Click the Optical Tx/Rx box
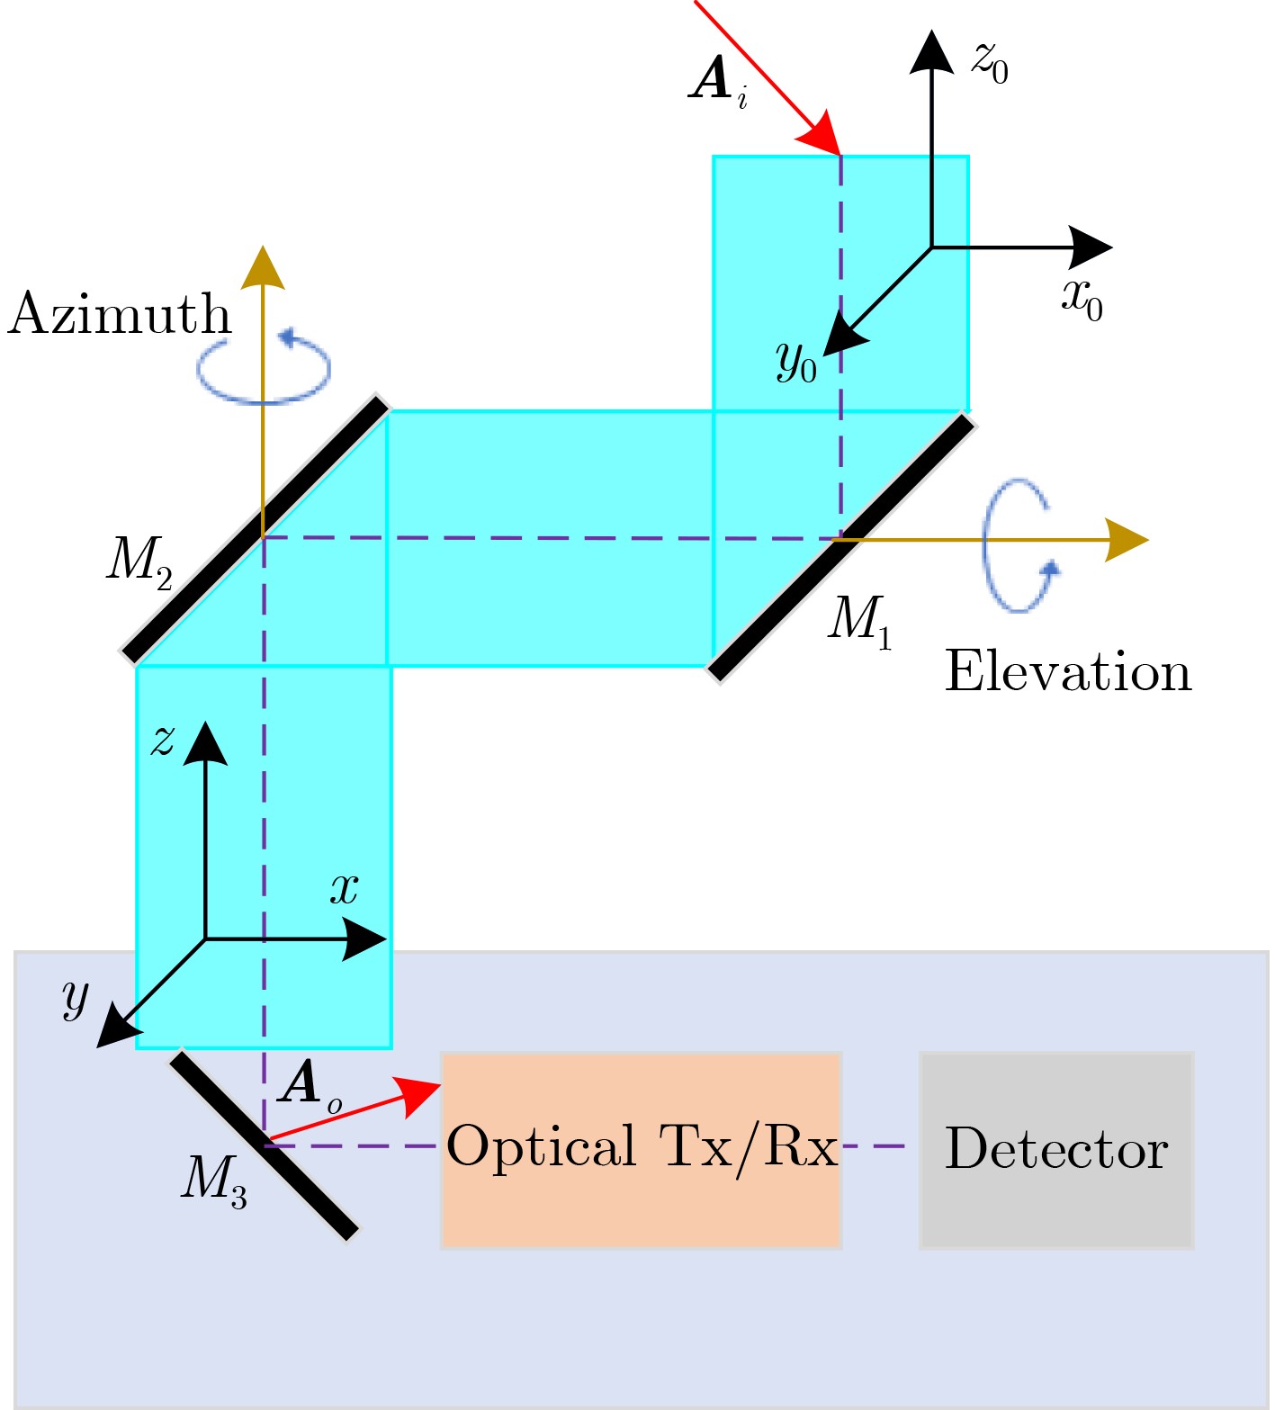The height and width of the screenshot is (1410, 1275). pyautogui.click(x=641, y=1149)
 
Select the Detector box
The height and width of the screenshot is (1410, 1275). pyautogui.click(x=1056, y=1149)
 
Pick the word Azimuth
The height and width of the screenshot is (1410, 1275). pyautogui.click(x=120, y=315)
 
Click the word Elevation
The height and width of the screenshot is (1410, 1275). pyautogui.click(x=1068, y=671)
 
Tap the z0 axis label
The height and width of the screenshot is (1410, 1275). pyautogui.click(x=989, y=62)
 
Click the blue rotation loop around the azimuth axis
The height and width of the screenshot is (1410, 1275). pyautogui.click(x=265, y=368)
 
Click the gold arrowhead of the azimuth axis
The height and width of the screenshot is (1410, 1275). pyautogui.click(x=263, y=267)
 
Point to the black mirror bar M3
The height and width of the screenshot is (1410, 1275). pyautogui.click(x=264, y=1145)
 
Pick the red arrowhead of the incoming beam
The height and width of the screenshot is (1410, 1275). pyautogui.click(x=821, y=136)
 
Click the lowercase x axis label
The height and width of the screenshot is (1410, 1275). pyautogui.click(x=344, y=889)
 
